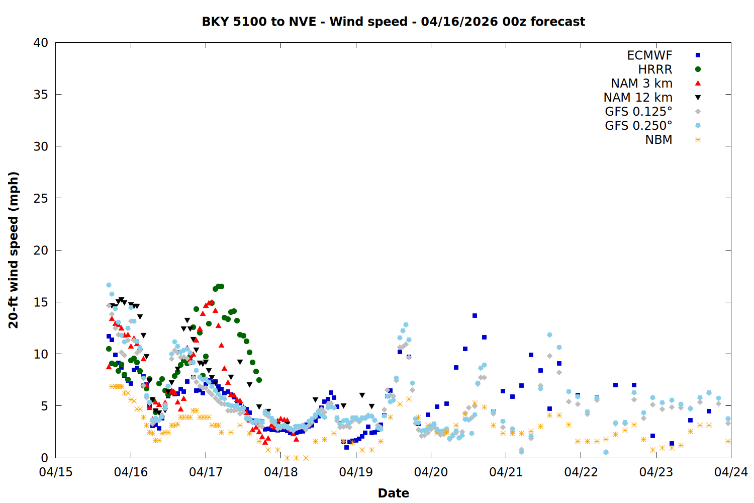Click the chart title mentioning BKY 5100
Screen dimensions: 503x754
pos(393,22)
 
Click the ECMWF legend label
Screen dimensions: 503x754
pos(649,55)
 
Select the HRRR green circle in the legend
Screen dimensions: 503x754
pos(698,69)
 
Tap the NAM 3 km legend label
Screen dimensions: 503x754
pos(641,83)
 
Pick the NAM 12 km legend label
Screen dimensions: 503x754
pos(638,98)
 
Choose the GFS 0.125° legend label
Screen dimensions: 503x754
pos(638,112)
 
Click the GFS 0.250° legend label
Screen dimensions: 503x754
pos(638,126)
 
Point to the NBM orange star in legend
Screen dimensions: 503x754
pos(698,140)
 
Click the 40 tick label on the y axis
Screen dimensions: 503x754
pos(41,43)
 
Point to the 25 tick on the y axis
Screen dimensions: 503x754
pos(41,198)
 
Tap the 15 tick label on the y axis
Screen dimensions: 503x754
pos(41,302)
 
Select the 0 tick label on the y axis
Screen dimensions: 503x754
pos(44,458)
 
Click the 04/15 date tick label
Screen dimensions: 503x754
pos(56,472)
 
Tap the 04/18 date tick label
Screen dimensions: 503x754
pos(281,472)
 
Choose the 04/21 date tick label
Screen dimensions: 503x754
pos(506,472)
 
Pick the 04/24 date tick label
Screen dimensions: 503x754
pos(731,472)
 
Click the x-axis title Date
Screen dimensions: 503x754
pos(393,493)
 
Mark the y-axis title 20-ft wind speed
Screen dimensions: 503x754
pos(14,250)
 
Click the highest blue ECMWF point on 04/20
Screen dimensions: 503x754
pos(475,316)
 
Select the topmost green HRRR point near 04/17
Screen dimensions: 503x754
pos(220,286)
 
